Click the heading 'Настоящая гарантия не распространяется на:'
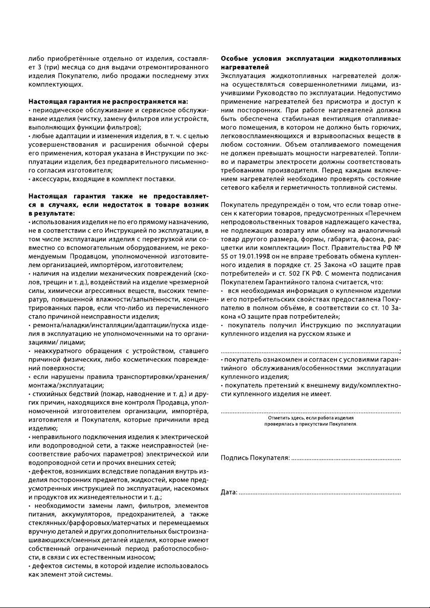(108, 101)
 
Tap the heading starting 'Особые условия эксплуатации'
(310, 59)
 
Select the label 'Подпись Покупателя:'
(255, 457)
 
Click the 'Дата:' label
(229, 492)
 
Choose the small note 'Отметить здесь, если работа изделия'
(310, 418)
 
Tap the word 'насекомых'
(190, 489)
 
